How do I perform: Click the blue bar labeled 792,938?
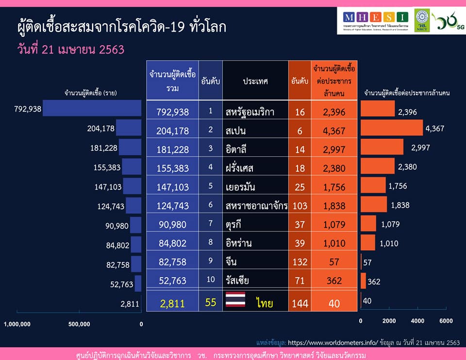tap(92, 108)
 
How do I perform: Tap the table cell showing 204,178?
tap(172, 130)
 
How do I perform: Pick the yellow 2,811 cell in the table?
tap(172, 304)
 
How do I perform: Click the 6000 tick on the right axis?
tap(446, 321)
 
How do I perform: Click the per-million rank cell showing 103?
tap(300, 206)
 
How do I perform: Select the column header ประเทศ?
tap(255, 81)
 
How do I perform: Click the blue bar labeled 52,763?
tap(138, 283)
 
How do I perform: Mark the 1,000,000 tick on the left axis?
tap(18, 324)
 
